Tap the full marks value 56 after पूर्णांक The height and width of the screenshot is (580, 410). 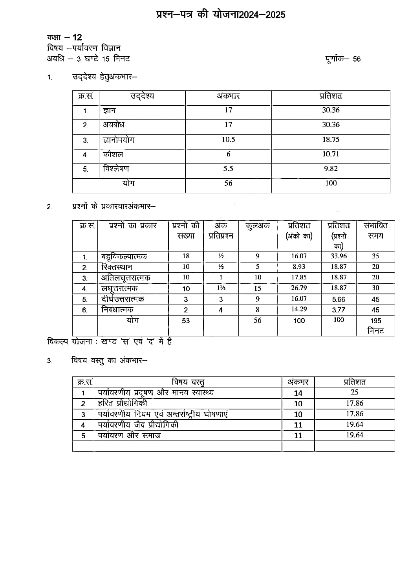(357, 59)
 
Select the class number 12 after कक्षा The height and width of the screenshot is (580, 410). (77, 37)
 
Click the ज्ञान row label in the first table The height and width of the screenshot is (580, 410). (109, 111)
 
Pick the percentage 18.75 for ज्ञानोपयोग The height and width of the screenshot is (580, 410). (331, 139)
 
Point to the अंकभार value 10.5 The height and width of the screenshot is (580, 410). (228, 139)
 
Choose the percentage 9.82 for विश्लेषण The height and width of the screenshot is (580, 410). (331, 169)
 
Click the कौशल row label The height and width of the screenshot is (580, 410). (113, 154)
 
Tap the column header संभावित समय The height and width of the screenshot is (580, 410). (375, 231)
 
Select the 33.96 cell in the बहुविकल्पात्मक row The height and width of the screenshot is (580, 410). (339, 256)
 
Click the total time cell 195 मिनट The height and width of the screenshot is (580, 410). (375, 326)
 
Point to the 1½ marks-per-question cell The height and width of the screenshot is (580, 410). (221, 288)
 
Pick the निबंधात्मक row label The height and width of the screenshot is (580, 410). (117, 310)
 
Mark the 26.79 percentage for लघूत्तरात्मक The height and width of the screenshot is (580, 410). (299, 288)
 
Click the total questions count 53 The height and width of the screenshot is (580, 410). (186, 321)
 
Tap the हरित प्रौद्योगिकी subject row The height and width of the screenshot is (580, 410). (123, 403)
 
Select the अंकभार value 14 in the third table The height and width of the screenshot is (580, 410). (298, 393)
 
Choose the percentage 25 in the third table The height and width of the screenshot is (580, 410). (354, 392)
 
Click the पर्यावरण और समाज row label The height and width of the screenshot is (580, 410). (130, 435)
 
